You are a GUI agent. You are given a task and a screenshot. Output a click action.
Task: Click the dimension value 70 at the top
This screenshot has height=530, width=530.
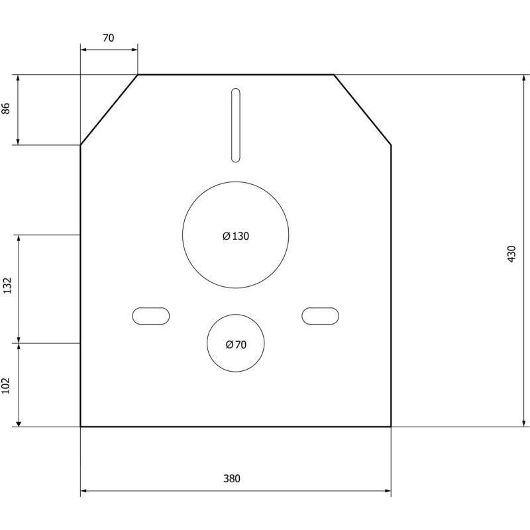pyautogui.click(x=109, y=38)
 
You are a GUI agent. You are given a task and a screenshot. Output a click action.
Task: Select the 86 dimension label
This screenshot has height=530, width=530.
pyautogui.click(x=7, y=109)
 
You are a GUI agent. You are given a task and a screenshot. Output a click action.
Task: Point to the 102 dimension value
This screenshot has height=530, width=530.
pyautogui.click(x=7, y=385)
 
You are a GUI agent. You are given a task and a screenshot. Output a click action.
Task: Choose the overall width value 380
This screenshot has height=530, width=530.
pyautogui.click(x=231, y=478)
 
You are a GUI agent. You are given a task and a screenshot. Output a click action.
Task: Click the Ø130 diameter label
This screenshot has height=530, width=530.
pyautogui.click(x=236, y=236)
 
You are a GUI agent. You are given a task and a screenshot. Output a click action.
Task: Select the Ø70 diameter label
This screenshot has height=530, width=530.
pyautogui.click(x=236, y=344)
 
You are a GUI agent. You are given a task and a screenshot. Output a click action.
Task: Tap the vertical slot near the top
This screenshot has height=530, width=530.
pyautogui.click(x=235, y=125)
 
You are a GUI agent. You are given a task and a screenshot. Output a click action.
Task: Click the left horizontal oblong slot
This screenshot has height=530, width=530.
pyautogui.click(x=151, y=316)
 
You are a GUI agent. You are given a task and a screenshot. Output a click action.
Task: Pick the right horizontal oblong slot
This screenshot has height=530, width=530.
pyautogui.click(x=321, y=316)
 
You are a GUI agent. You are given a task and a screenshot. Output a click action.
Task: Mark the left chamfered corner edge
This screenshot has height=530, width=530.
pyautogui.click(x=109, y=109)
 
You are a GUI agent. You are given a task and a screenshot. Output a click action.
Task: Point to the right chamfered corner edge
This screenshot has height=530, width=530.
pyautogui.click(x=362, y=109)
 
